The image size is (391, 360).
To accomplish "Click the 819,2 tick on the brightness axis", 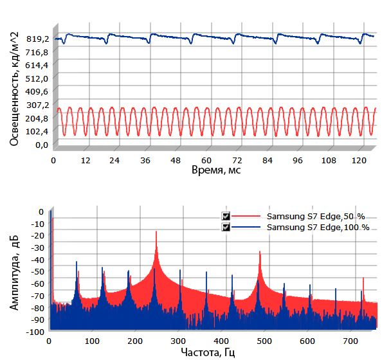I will (37, 39).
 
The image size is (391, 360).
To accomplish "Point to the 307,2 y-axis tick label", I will (37, 105).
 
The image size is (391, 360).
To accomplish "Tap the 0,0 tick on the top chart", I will (41, 145).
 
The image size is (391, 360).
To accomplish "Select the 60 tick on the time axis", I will (206, 160).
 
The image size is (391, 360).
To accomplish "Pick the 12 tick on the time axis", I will (84, 160).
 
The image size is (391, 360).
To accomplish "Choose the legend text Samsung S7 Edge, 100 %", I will (318, 228).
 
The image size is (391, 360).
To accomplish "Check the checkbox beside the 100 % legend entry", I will (226, 228).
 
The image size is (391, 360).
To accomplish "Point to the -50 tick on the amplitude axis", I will (37, 271).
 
